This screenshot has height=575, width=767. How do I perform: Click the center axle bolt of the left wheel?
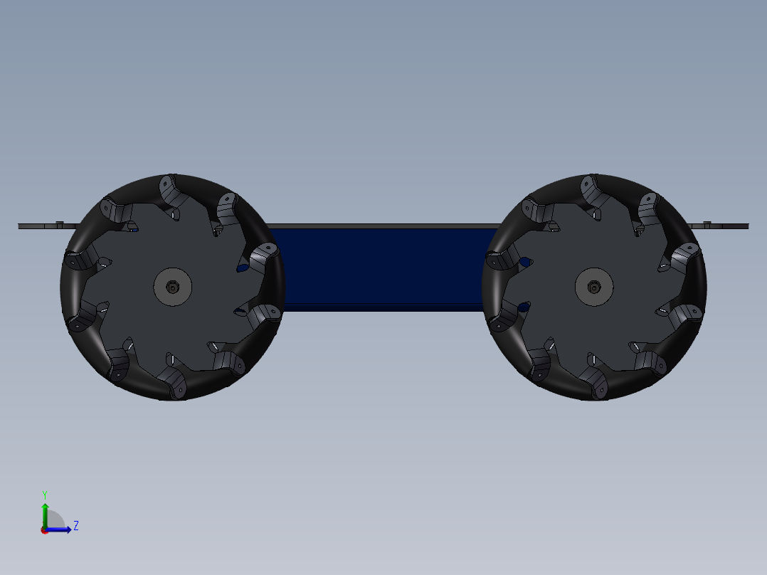tap(173, 287)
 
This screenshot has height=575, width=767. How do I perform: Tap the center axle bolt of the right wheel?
tap(594, 287)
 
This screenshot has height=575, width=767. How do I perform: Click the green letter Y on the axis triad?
tap(44, 494)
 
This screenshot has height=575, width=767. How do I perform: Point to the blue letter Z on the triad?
tap(75, 526)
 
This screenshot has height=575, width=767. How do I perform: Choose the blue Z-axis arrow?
tap(61, 529)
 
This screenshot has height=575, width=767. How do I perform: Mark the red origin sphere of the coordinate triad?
tap(44, 529)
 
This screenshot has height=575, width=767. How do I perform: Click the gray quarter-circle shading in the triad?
tap(55, 520)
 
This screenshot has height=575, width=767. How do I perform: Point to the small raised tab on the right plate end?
tap(707, 223)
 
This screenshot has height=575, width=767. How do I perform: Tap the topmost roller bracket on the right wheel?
tap(589, 188)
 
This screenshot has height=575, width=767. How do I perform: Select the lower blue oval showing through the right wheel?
tap(523, 307)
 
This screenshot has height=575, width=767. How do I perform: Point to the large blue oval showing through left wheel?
tap(243, 268)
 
